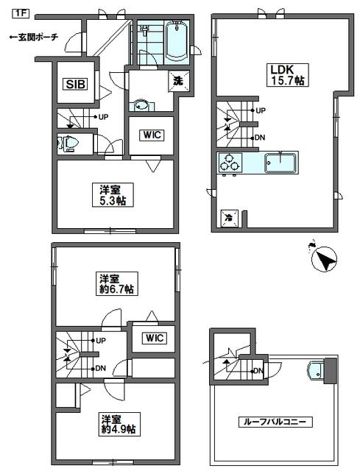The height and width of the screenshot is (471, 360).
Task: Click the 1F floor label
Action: (20, 13)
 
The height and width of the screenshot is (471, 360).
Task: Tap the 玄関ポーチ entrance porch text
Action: (33, 38)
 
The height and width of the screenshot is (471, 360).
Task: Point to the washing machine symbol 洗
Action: (179, 81)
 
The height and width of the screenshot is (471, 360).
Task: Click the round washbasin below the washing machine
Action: (141, 105)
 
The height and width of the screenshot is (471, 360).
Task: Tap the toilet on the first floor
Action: (68, 143)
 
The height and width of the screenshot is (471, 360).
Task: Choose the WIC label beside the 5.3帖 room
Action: (152, 135)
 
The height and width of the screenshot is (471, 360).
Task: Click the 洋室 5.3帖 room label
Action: (113, 195)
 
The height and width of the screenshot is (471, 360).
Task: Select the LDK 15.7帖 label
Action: (288, 75)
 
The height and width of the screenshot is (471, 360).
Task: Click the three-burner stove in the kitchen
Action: (230, 163)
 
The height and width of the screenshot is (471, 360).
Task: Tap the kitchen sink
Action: (280, 163)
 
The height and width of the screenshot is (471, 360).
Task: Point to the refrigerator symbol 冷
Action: (229, 219)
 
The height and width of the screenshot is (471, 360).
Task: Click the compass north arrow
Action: (324, 259)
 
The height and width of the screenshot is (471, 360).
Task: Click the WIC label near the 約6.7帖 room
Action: (155, 339)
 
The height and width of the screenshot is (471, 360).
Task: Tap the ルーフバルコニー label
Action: (275, 422)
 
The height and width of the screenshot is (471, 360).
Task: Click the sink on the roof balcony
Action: (316, 370)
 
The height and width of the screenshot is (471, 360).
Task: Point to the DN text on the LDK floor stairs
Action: (260, 138)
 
